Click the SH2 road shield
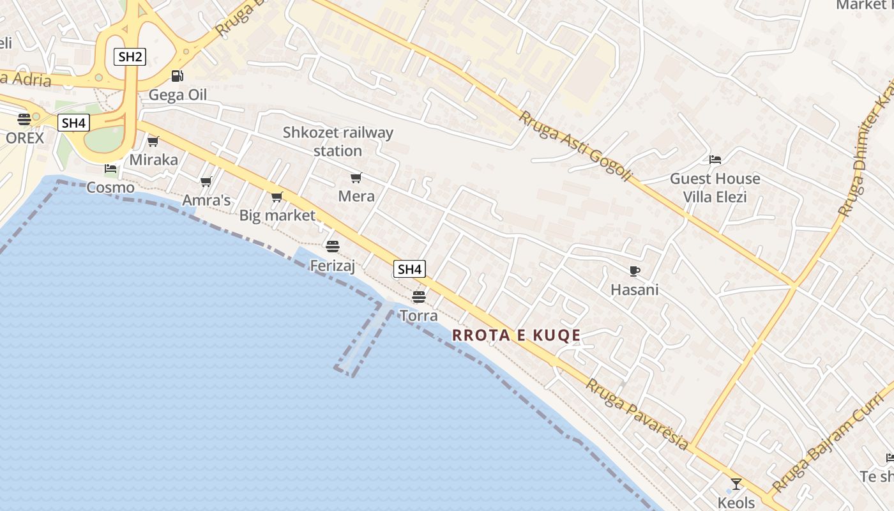click(130, 56)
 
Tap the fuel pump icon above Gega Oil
click(177, 76)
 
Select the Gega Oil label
click(178, 95)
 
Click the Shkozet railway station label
click(338, 142)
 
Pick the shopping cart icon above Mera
click(356, 178)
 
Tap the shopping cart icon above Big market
click(277, 197)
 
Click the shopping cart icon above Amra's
click(206, 182)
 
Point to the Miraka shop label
click(153, 160)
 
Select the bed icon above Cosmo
click(110, 169)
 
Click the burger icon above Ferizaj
click(332, 246)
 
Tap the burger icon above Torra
click(418, 296)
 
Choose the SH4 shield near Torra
click(409, 269)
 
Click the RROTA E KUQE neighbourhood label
click(517, 335)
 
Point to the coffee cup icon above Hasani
click(634, 271)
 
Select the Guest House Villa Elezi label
click(715, 187)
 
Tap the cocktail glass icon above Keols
click(736, 484)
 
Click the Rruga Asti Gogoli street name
click(574, 146)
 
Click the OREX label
click(25, 138)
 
